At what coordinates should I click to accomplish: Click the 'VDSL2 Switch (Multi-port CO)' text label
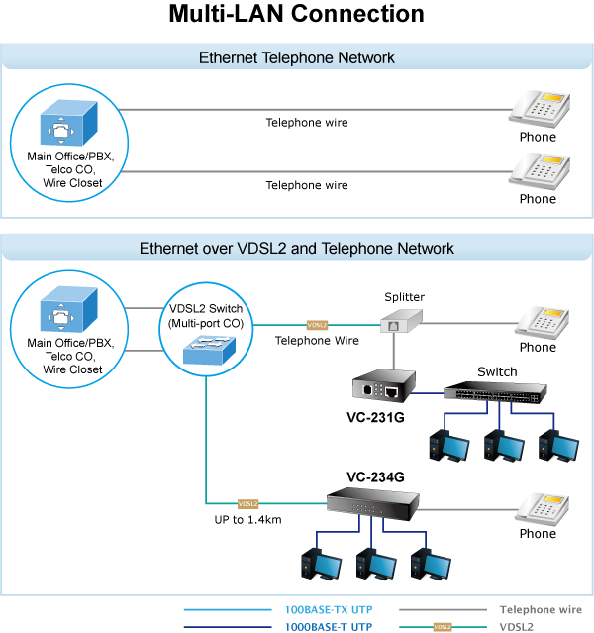pyautogui.click(x=206, y=315)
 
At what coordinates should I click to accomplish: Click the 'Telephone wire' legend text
pyautogui.click(x=541, y=610)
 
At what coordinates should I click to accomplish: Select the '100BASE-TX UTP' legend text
pyautogui.click(x=330, y=610)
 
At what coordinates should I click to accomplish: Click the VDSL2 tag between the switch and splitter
pyautogui.click(x=317, y=325)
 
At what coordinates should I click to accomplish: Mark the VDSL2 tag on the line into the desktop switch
pyautogui.click(x=248, y=503)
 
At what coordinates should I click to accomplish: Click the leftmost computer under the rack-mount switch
pyautogui.click(x=445, y=448)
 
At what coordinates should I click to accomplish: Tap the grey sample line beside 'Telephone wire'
pyautogui.click(x=443, y=610)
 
